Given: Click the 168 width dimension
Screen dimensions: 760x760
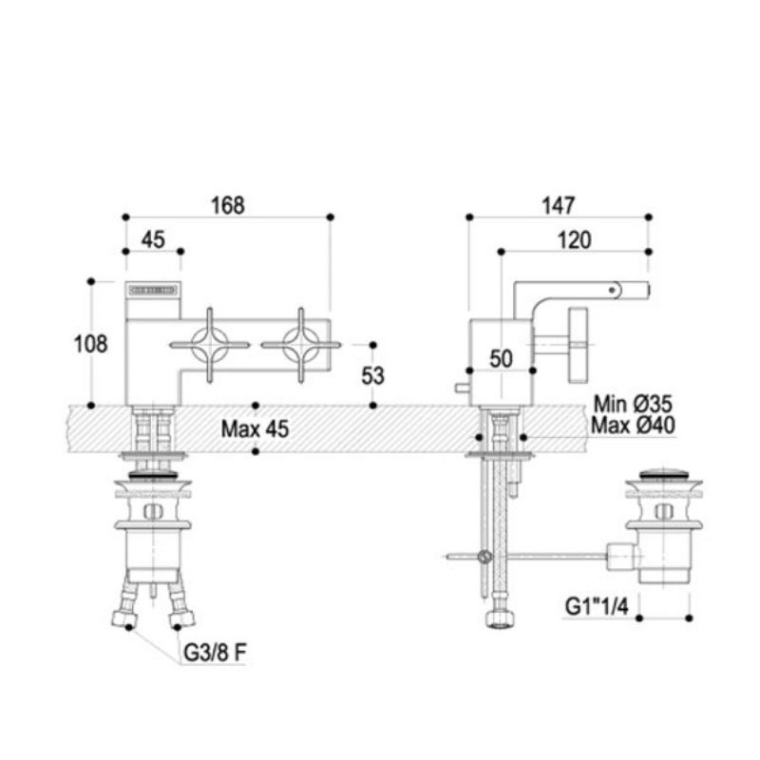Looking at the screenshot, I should (228, 204).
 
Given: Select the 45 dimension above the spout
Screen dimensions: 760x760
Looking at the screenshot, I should (153, 239).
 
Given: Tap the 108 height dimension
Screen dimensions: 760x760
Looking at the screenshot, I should (90, 344).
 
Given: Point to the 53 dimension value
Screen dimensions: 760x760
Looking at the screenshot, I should (373, 375).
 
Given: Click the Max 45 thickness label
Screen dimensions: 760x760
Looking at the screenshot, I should (254, 428).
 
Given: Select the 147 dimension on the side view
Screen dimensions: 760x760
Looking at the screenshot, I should (559, 204).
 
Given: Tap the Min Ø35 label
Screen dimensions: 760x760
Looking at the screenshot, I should (633, 404).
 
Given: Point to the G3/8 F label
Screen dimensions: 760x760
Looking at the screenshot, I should (216, 655).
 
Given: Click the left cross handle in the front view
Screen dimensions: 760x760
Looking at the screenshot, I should (209, 343).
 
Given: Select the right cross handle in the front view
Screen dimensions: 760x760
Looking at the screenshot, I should (301, 343).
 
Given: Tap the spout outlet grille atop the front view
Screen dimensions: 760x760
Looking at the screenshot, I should (153, 289).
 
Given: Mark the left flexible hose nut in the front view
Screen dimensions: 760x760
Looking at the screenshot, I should (122, 617).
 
